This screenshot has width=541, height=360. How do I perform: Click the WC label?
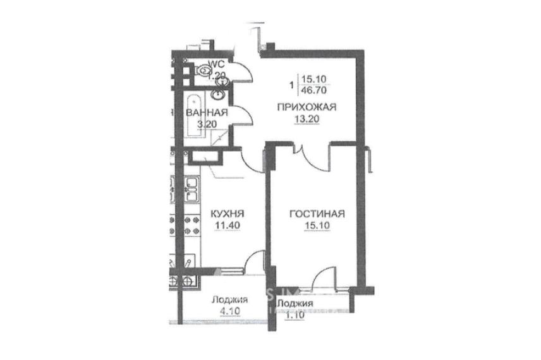[x=217, y=64]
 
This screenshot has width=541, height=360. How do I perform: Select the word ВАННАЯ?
[x=206, y=113]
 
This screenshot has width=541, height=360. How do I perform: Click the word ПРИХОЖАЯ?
[x=307, y=108]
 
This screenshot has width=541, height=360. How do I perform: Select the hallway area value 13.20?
[x=307, y=119]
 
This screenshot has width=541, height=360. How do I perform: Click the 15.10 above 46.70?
[x=314, y=80]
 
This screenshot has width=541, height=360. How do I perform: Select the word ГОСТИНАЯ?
[x=317, y=214]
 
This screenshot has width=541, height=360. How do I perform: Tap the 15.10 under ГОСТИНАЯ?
[x=317, y=225]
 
